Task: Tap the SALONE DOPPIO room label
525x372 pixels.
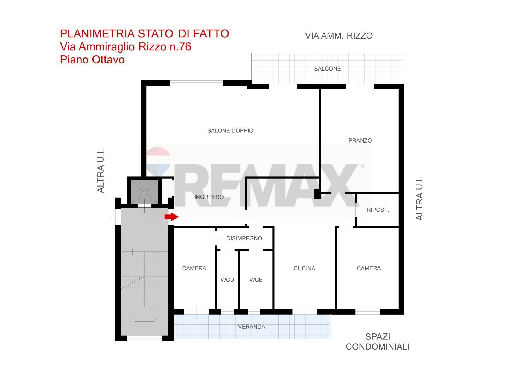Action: [x=230, y=131]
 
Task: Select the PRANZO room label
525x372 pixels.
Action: [x=360, y=141]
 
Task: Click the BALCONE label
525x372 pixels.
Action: [x=327, y=69]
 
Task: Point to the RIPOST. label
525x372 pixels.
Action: [x=378, y=210]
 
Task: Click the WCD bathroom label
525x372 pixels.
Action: [x=227, y=280]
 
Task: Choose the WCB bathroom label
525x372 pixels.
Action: [x=256, y=280]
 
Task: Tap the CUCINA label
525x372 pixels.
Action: [x=304, y=268]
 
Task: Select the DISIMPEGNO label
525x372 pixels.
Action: [x=244, y=238]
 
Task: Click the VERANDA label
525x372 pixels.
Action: [x=252, y=327]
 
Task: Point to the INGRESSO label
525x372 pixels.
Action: [x=209, y=197]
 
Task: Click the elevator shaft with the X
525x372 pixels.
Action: [x=144, y=192]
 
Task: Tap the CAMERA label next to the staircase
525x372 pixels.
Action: [x=194, y=268]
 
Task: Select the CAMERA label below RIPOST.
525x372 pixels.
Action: [x=369, y=268]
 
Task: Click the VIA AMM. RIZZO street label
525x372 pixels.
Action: [x=339, y=36]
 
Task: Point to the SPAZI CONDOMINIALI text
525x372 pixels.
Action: [x=378, y=342]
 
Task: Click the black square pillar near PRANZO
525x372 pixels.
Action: [x=317, y=194]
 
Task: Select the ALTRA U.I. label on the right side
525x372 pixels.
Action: [x=419, y=199]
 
